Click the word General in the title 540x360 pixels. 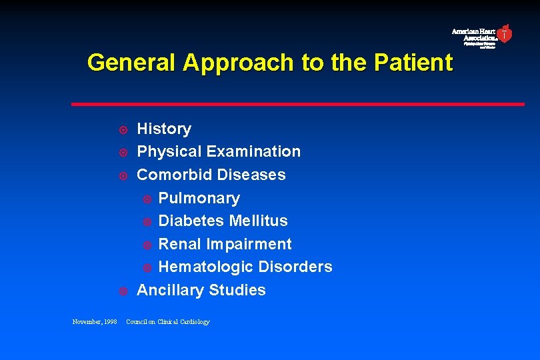coord(131,63)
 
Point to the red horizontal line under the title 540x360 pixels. coord(297,104)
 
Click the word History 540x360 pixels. coord(164,129)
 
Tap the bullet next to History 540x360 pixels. coord(123,129)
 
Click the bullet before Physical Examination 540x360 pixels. coord(123,153)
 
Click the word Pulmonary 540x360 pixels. coord(199,198)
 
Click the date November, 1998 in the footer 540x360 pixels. coord(94,322)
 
